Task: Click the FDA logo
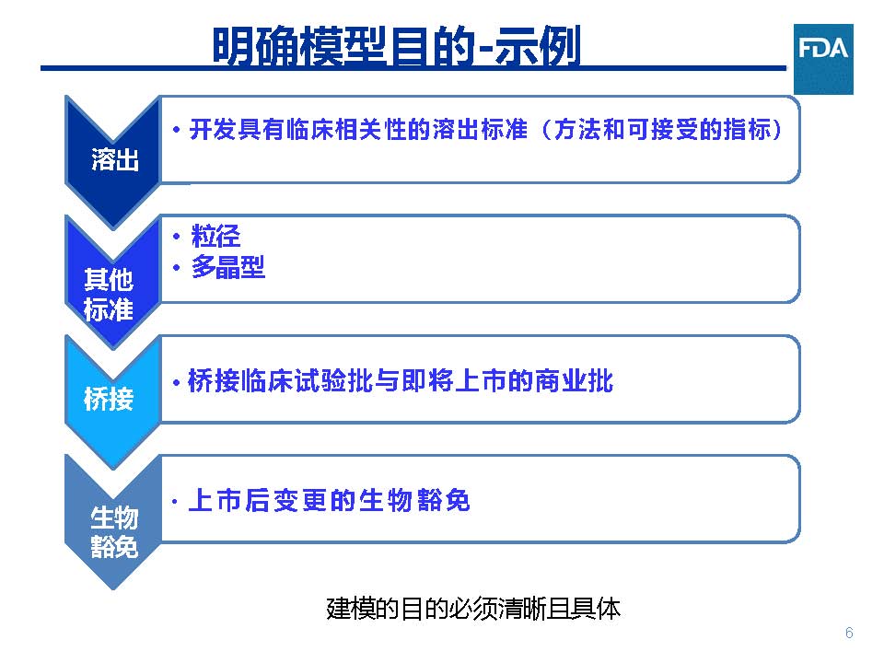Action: click(x=823, y=59)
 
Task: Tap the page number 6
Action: click(x=849, y=633)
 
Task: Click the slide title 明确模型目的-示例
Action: click(x=396, y=45)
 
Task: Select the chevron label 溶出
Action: click(x=115, y=159)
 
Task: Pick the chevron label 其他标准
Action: click(x=109, y=295)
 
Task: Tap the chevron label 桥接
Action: click(x=109, y=399)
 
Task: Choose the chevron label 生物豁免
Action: click(x=114, y=531)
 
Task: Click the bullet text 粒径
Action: click(x=215, y=236)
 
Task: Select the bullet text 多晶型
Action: click(x=227, y=267)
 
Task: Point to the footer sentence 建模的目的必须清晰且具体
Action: click(x=473, y=609)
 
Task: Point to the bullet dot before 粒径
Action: click(x=177, y=237)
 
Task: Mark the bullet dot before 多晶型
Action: click(x=177, y=267)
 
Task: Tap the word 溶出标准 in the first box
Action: click(x=480, y=129)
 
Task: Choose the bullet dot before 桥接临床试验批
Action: click(x=177, y=383)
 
